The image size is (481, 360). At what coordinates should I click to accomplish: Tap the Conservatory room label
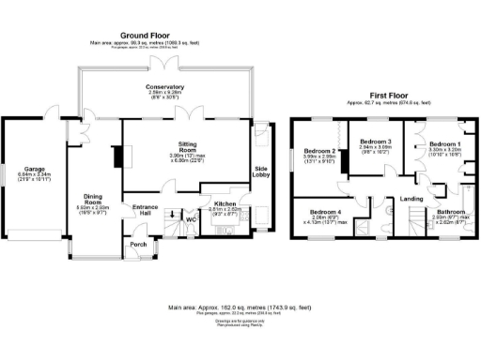[x=164, y=87]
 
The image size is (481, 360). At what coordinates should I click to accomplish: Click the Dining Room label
[x=93, y=198]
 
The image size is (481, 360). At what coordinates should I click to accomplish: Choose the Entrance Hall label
[x=145, y=208]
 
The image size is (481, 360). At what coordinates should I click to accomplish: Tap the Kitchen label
[x=225, y=203]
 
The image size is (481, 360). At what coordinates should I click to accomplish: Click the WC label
[x=190, y=220]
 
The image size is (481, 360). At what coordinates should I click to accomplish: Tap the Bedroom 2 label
[x=319, y=151]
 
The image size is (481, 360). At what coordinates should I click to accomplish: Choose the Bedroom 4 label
[x=325, y=212]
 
